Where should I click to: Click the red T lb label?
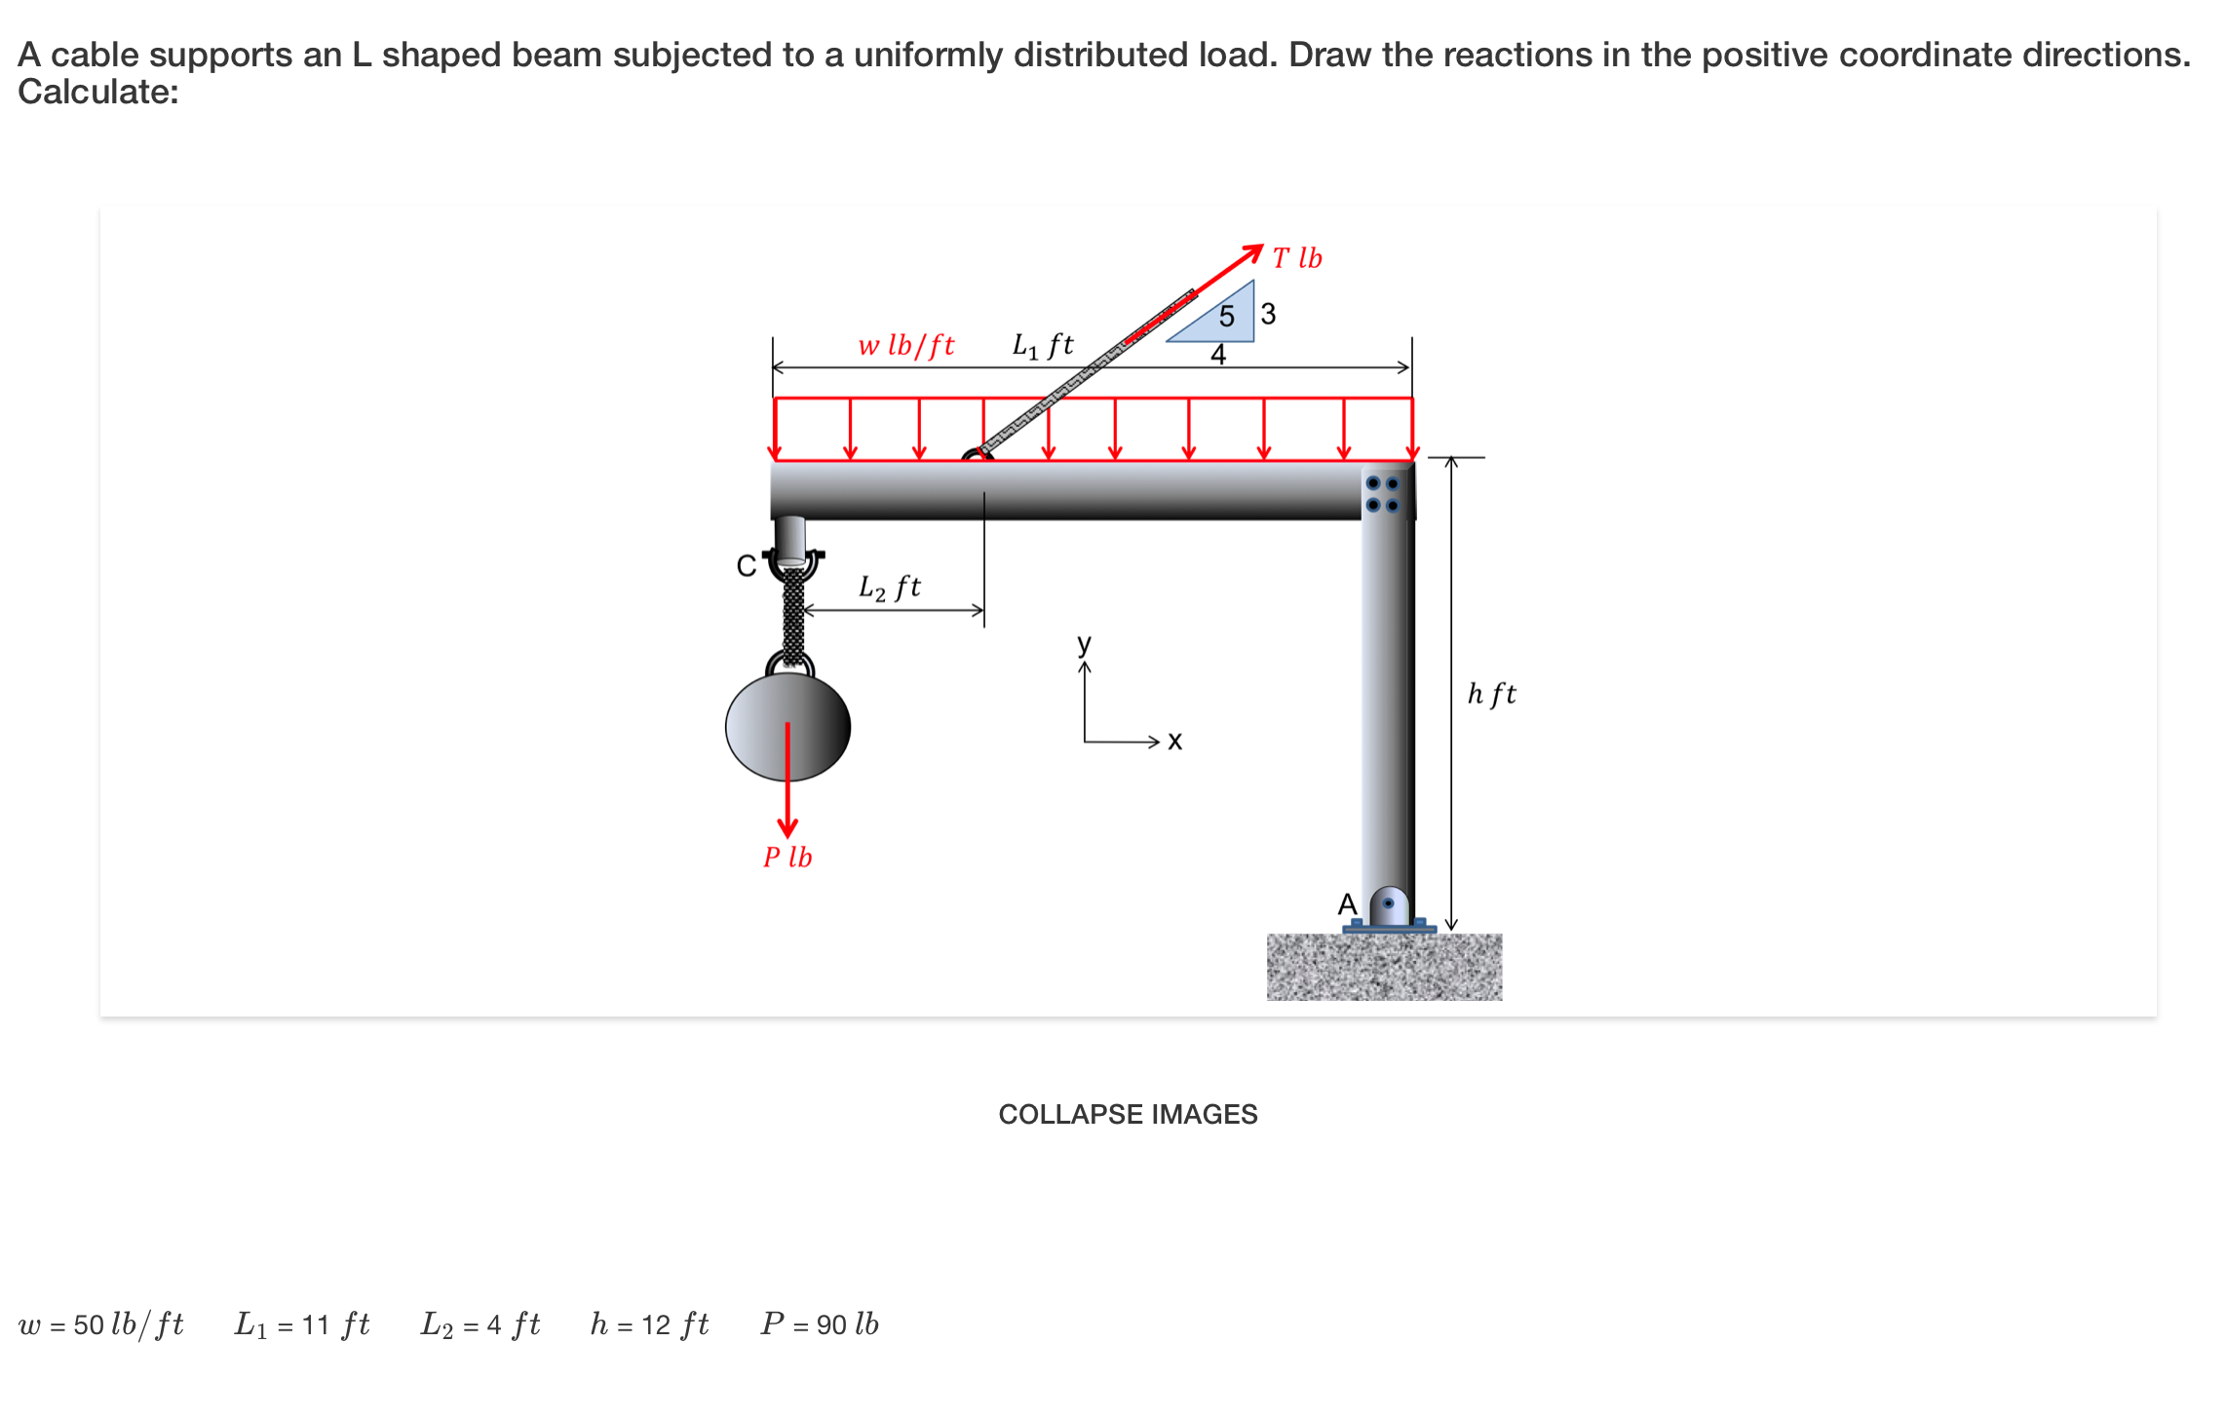1297,258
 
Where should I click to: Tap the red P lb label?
787,857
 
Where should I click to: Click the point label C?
746,566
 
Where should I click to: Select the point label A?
1347,904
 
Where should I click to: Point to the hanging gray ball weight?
787,726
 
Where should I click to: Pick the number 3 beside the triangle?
1268,314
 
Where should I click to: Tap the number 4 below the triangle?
1218,355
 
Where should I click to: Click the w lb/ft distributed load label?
905,345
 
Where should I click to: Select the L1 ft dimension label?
1042,345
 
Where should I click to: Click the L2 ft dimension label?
889,587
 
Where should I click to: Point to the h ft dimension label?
1491,694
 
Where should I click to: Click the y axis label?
1084,643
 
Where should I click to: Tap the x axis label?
1174,742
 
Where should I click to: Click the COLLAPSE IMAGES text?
1128,1114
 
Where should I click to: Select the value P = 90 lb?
820,1324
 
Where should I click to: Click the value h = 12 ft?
649,1324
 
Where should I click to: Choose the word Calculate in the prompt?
97,92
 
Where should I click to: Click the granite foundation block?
1384,967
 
